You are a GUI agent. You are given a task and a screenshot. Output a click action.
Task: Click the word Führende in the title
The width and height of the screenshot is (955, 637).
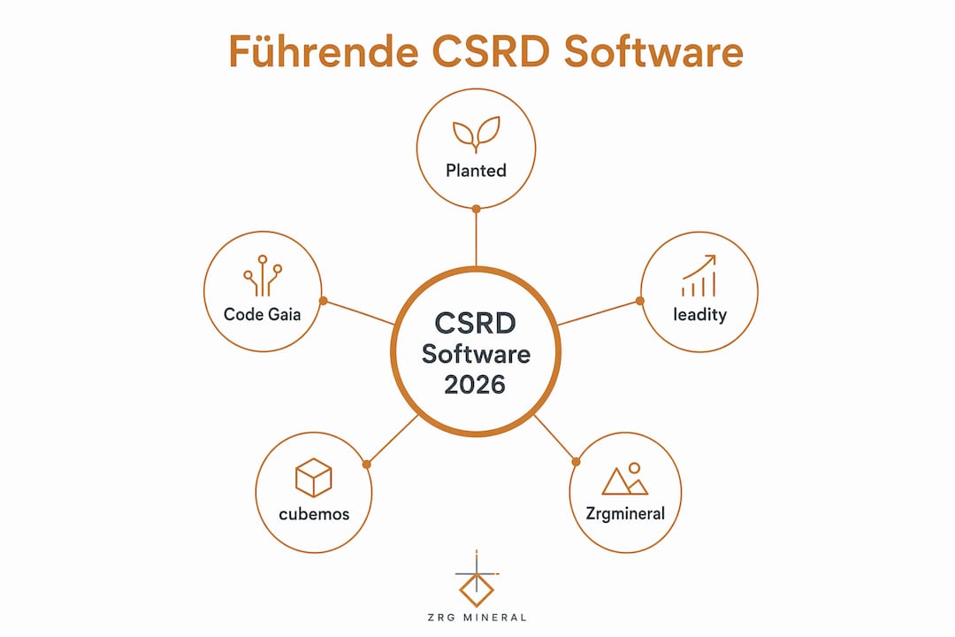pyautogui.click(x=324, y=51)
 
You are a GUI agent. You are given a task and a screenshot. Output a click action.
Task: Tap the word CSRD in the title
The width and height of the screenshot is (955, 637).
pyautogui.click(x=491, y=51)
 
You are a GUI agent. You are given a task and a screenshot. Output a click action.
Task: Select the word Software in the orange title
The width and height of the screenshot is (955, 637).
pyautogui.click(x=653, y=51)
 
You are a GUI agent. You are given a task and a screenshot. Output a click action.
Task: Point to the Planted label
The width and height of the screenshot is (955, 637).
pyautogui.click(x=477, y=171)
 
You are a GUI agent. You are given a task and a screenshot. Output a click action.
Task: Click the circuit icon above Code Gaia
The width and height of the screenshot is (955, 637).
pyautogui.click(x=263, y=275)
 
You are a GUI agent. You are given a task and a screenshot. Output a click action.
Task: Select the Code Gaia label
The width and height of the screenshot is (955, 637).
pyautogui.click(x=263, y=315)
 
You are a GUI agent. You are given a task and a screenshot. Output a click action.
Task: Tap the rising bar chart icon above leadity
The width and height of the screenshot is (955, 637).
pyautogui.click(x=699, y=275)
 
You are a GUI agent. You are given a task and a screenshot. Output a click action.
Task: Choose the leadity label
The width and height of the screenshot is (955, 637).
pyautogui.click(x=699, y=315)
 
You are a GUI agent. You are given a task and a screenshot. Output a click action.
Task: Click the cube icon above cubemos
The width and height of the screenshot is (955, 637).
pyautogui.click(x=314, y=478)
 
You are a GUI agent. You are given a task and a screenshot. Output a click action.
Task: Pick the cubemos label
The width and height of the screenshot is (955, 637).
pyautogui.click(x=314, y=515)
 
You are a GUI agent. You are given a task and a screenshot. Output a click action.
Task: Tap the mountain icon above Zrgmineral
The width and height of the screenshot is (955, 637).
pyautogui.click(x=625, y=479)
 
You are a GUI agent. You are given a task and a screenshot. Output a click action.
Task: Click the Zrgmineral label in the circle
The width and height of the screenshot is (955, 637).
pyautogui.click(x=625, y=514)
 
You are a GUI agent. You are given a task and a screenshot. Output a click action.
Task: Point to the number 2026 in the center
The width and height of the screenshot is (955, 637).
pyautogui.click(x=475, y=385)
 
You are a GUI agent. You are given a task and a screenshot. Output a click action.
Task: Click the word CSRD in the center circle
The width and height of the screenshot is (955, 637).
pyautogui.click(x=476, y=323)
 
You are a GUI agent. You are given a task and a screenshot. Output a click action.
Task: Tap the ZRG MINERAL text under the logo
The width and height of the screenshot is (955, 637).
pyautogui.click(x=477, y=618)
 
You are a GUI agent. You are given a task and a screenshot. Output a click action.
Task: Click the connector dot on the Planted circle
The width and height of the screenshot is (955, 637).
pyautogui.click(x=477, y=209)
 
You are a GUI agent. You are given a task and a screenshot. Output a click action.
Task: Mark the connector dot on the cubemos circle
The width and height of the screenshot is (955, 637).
pyautogui.click(x=367, y=464)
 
